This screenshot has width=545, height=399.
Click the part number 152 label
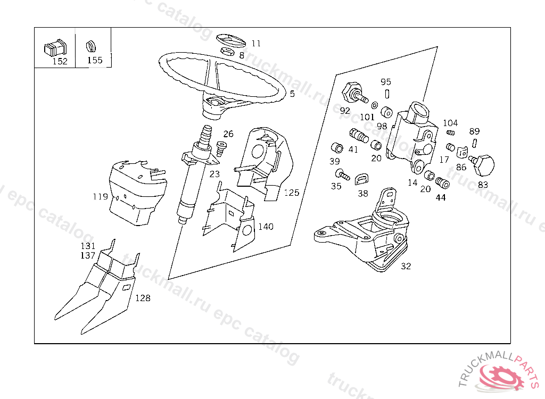60,61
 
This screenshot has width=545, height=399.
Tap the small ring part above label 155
91,45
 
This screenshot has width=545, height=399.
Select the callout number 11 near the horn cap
256,44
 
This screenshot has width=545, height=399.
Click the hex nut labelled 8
227,52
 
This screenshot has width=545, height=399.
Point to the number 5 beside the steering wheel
292,94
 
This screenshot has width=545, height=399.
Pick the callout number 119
100,197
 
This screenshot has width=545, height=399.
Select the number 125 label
291,193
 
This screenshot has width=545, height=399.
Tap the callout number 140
266,227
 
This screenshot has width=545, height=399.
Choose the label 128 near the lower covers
143,298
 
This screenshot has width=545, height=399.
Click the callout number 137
88,255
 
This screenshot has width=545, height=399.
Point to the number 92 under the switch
345,111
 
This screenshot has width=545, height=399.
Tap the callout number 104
450,123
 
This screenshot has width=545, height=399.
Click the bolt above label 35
341,174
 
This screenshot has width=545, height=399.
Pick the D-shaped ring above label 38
363,179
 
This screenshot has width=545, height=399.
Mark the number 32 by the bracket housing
406,266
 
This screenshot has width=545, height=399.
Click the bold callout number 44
441,197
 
